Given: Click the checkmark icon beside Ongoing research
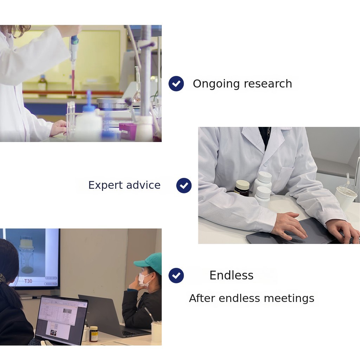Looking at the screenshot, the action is coord(176,84).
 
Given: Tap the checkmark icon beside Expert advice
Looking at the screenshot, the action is coord(184,185).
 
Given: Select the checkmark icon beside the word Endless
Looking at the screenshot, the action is coord(176,275).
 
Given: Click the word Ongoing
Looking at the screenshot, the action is coord(216,84).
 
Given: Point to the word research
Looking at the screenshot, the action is coord(268,84).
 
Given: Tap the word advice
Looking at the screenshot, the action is coord(143,185).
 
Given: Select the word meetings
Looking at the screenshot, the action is coord(289,299).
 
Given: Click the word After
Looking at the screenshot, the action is coord(202,298).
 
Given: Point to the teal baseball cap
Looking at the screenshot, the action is coord(149,263).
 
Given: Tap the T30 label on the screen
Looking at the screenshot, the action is coord(28,281).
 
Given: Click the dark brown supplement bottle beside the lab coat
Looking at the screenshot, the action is coord(242,188).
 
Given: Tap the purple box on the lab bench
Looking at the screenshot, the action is coord(127,131).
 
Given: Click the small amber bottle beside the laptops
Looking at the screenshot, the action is coord(94,334).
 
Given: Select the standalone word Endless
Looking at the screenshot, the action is coord(231,275).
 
